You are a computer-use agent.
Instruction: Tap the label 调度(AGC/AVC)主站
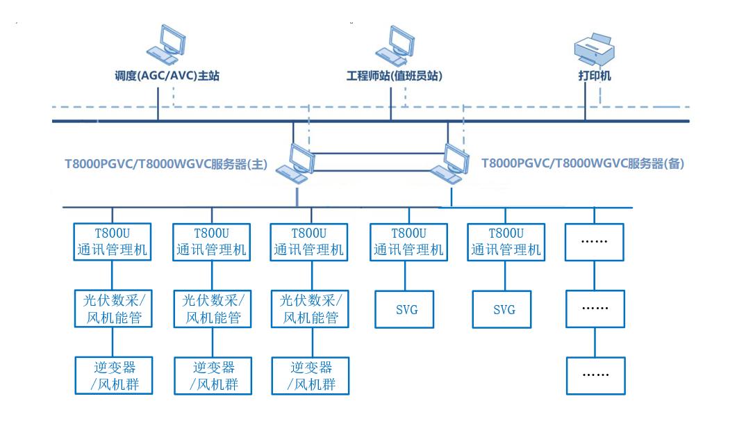(167, 76)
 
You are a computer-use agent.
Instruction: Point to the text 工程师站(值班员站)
(395, 76)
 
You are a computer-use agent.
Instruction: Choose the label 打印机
(595, 76)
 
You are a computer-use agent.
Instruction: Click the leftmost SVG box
(407, 309)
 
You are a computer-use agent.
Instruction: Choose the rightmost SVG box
(505, 309)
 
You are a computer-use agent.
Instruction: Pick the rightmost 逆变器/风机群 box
(309, 375)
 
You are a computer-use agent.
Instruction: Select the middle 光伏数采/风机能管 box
(212, 309)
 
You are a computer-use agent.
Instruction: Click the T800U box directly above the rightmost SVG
(505, 241)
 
